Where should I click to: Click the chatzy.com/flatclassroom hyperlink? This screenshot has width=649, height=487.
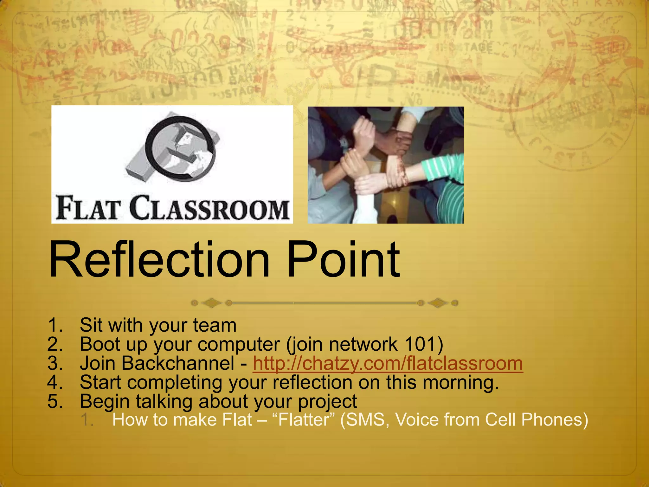[x=388, y=363]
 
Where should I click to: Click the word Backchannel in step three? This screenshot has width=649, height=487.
[x=178, y=363]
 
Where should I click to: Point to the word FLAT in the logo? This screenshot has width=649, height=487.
[x=89, y=209]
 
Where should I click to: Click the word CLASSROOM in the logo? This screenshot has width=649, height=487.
[x=209, y=209]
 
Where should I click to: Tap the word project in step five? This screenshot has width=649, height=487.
[x=327, y=402]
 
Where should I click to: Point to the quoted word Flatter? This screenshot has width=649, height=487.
[x=304, y=420]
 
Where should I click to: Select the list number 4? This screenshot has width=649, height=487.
[x=55, y=382]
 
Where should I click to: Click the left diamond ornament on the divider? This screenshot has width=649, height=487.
[x=211, y=303]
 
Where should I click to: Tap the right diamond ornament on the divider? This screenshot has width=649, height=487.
[x=438, y=303]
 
